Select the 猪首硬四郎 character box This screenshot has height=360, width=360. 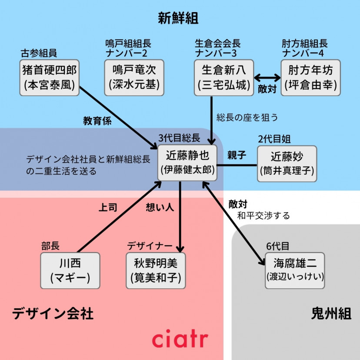pyautogui.click(x=50, y=78)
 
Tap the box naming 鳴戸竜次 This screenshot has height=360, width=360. pyautogui.click(x=134, y=78)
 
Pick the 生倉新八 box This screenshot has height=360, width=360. pyautogui.click(x=223, y=78)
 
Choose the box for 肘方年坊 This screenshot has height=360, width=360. pyautogui.click(x=310, y=78)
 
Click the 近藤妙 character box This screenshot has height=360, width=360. pyautogui.click(x=287, y=163)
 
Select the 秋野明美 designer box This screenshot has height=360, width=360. pyautogui.click(x=156, y=270)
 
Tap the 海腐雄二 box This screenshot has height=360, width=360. pyautogui.click(x=295, y=270)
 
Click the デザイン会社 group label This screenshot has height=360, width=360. pyautogui.click(x=53, y=313)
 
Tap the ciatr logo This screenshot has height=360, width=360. pyautogui.click(x=180, y=339)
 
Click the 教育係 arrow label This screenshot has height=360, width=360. pyautogui.click(x=97, y=121)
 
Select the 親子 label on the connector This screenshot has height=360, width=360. pyautogui.click(x=237, y=155)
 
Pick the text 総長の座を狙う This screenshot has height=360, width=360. pyautogui.click(x=247, y=117)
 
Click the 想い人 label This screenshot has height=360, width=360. pyautogui.click(x=160, y=207)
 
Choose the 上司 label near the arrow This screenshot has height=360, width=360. pyautogui.click(x=108, y=207)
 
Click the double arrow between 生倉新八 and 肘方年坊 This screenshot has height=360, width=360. pyautogui.click(x=267, y=78)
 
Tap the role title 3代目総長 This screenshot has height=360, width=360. pyautogui.click(x=179, y=138)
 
